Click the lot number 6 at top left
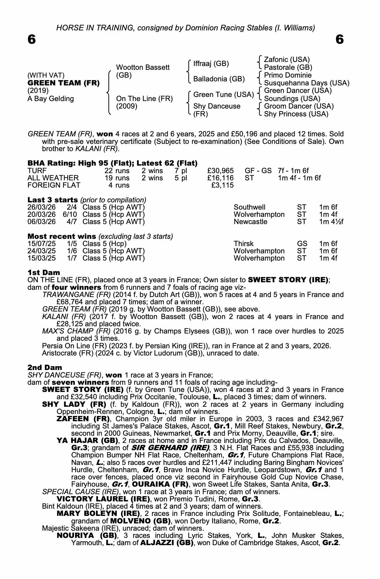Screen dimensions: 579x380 (x=31, y=39)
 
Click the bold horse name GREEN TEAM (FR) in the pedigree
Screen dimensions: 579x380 (x=63, y=83)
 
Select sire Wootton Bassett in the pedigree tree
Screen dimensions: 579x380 (x=143, y=67)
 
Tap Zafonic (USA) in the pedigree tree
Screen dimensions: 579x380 (x=287, y=60)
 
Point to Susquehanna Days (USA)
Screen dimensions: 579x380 (x=307, y=83)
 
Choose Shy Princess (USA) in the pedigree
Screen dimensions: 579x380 (x=296, y=114)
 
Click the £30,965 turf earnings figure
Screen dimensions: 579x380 (x=220, y=171)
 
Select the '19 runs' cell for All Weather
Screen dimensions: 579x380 (x=117, y=178)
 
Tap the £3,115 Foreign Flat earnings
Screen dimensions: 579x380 (x=223, y=185)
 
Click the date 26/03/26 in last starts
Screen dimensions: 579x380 (x=42, y=207)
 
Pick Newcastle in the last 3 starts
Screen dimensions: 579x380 (x=250, y=222)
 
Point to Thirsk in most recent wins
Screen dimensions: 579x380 (x=243, y=244)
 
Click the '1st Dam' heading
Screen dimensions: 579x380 (x=44, y=272)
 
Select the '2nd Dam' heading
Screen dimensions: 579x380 (x=45, y=367)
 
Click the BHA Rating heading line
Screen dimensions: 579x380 (x=112, y=163)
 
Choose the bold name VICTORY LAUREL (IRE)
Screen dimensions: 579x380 (x=103, y=499)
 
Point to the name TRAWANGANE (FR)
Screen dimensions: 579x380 (x=77, y=295)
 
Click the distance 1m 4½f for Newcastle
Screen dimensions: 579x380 (x=331, y=222)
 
